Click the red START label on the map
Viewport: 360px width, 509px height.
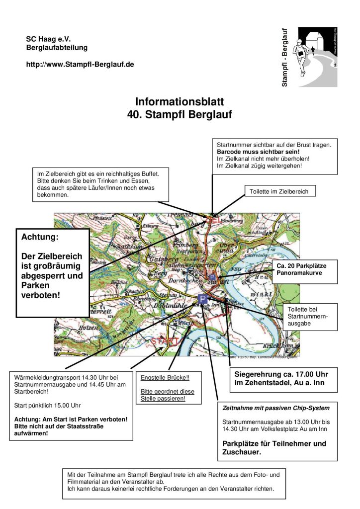click(x=165, y=341)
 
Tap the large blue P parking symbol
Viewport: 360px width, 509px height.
click(x=202, y=299)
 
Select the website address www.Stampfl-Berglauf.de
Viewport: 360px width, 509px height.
click(x=80, y=65)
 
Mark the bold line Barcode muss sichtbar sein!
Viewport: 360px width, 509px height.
click(x=258, y=151)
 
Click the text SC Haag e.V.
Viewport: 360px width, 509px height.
click(x=48, y=39)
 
